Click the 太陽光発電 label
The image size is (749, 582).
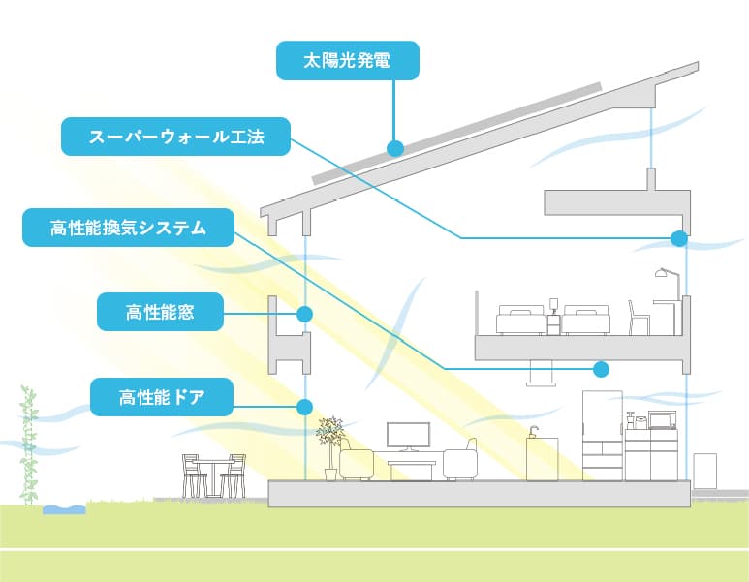click(347, 60)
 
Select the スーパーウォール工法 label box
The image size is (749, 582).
click(175, 137)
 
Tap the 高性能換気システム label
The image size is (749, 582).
click(128, 229)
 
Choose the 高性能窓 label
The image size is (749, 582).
click(161, 312)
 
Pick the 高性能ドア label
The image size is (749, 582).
click(162, 397)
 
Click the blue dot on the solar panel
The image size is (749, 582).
click(394, 148)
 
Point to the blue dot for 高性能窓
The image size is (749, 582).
click(304, 314)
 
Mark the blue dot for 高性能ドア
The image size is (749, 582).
click(304, 407)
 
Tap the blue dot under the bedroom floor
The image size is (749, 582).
click(602, 368)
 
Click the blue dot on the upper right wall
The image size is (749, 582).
click(678, 237)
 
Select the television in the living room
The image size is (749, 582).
click(406, 436)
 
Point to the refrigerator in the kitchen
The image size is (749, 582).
click(601, 435)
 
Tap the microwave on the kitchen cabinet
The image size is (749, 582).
click(662, 419)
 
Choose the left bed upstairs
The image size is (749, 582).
click(520, 320)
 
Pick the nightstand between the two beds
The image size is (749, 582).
click(553, 322)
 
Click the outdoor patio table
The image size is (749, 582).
click(211, 473)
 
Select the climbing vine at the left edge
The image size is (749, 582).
click(29, 445)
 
